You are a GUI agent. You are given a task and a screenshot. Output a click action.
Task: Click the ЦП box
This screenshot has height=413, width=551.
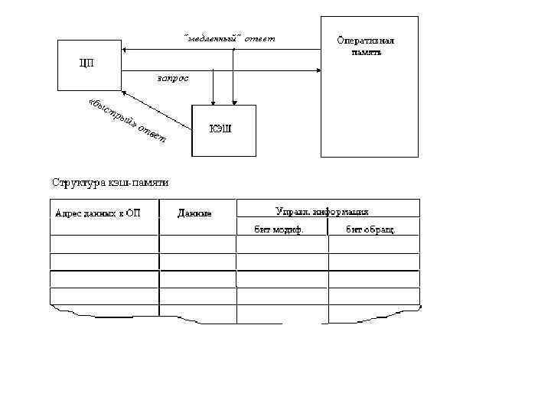tap(90, 65)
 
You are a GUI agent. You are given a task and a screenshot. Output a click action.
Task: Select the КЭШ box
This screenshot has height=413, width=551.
tap(223, 130)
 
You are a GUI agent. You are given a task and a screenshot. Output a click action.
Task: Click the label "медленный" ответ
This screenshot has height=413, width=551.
tap(229, 38)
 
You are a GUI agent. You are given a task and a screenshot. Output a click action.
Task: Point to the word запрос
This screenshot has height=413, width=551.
tap(172, 78)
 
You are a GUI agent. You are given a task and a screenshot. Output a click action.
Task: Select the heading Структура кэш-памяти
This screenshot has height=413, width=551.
tap(109, 183)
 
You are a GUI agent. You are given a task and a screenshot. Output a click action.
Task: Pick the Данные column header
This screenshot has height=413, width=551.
tap(194, 213)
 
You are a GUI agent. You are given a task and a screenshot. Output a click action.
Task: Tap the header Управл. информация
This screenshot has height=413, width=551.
tap(322, 211)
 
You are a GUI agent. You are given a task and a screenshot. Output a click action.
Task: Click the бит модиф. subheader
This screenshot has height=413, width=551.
tap(279, 229)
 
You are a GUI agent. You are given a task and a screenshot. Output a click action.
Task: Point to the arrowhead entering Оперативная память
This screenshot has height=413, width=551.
tap(316, 70)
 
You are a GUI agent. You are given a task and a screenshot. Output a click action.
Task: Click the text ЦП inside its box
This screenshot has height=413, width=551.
tap(88, 62)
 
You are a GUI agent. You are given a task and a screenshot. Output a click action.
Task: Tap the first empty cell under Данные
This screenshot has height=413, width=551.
tap(197, 244)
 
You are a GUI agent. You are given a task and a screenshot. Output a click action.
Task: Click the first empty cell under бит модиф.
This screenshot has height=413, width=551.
tap(282, 244)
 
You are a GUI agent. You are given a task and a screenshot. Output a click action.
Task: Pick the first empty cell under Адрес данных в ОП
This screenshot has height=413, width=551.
tap(104, 244)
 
